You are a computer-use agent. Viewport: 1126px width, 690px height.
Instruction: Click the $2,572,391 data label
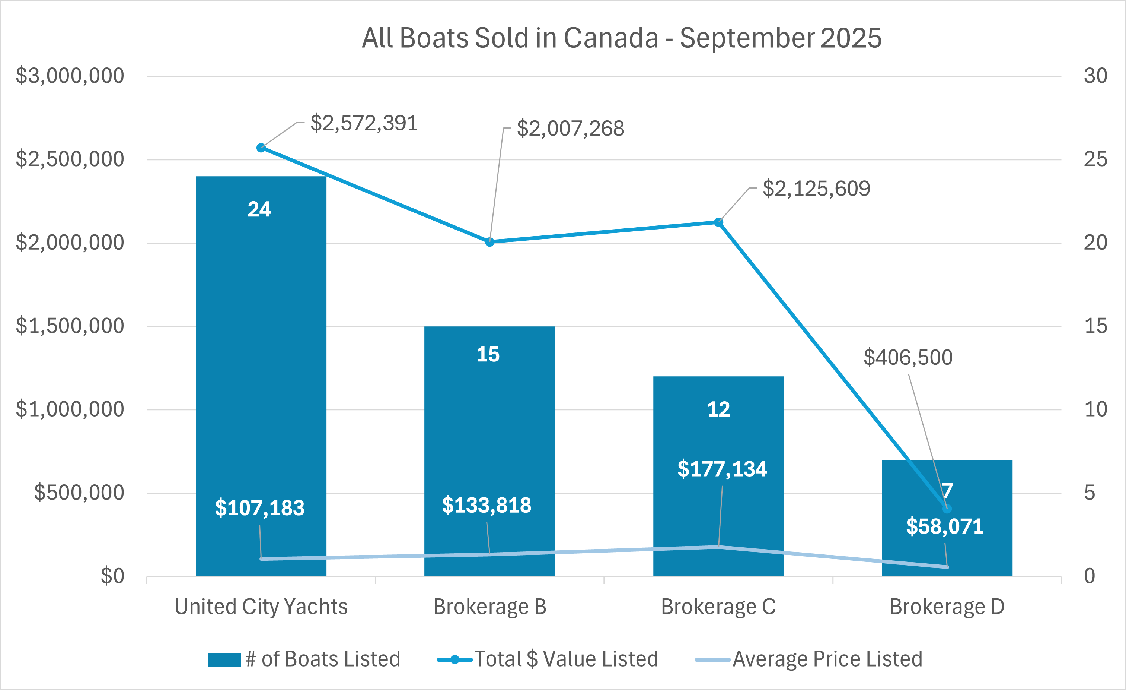click(x=364, y=123)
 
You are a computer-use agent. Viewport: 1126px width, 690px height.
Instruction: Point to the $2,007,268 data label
click(x=570, y=129)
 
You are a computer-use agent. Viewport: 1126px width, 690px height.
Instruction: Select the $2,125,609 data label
click(x=816, y=189)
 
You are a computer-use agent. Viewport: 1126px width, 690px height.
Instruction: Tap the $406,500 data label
click(x=908, y=357)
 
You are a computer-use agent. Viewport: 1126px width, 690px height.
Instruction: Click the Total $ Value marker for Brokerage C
click(x=718, y=222)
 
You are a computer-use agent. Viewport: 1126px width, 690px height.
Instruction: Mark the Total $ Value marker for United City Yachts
click(x=261, y=148)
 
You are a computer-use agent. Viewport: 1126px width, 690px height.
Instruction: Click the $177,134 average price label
click(x=722, y=469)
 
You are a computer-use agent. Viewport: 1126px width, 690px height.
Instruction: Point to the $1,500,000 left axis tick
click(x=70, y=326)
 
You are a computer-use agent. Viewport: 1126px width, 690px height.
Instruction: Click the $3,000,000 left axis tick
click(x=70, y=76)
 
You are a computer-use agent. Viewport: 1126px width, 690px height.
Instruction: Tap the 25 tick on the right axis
click(x=1095, y=159)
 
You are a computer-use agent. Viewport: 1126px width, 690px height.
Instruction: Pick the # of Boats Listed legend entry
click(x=304, y=659)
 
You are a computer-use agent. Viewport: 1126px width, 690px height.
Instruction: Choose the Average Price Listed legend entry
click(x=809, y=659)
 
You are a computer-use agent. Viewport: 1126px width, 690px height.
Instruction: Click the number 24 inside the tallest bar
click(x=259, y=209)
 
